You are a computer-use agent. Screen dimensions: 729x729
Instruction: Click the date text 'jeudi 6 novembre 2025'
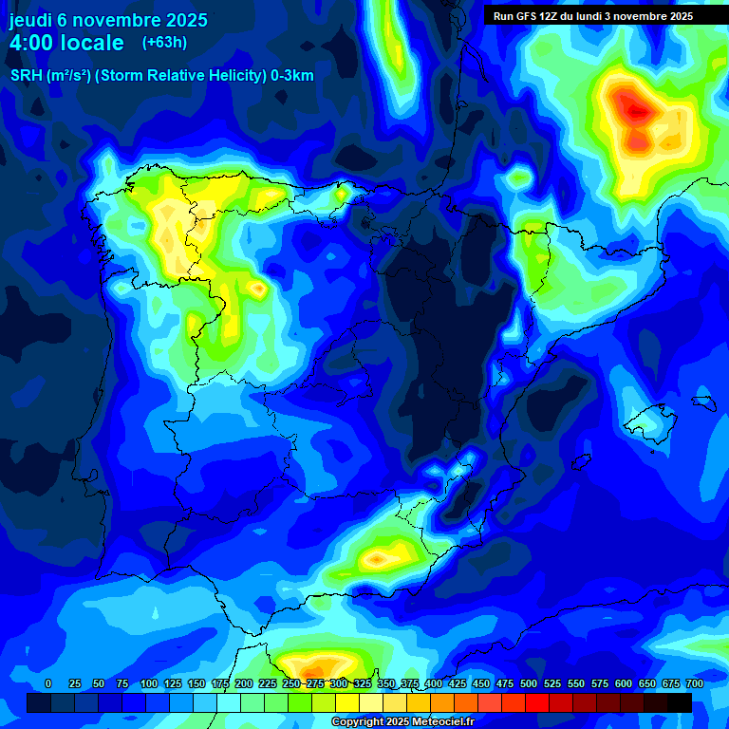[x=108, y=20]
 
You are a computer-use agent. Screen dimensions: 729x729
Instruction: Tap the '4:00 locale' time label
[x=66, y=43]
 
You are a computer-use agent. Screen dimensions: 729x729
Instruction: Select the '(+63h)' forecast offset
[x=164, y=42]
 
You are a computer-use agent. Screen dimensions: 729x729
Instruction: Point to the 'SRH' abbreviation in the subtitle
[x=26, y=76]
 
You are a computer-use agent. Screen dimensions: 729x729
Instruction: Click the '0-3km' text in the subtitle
[x=292, y=76]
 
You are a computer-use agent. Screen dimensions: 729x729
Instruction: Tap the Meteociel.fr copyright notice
[x=402, y=721]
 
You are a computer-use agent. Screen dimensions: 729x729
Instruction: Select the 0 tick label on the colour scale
[x=48, y=683]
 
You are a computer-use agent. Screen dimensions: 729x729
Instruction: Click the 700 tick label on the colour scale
[x=694, y=683]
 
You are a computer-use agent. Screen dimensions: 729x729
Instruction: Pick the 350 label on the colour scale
[x=385, y=683]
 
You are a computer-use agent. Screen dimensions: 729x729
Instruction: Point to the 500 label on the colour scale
[x=529, y=683]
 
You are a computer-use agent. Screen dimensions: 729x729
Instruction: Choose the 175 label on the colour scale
[x=219, y=683]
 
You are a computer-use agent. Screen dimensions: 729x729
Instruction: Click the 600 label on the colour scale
[x=624, y=683]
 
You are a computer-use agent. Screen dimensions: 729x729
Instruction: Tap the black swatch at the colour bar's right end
[x=680, y=702]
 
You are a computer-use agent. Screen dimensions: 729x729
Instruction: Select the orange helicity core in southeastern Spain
[x=380, y=558]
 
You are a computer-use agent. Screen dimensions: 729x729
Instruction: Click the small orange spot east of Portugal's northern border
[x=257, y=286]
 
